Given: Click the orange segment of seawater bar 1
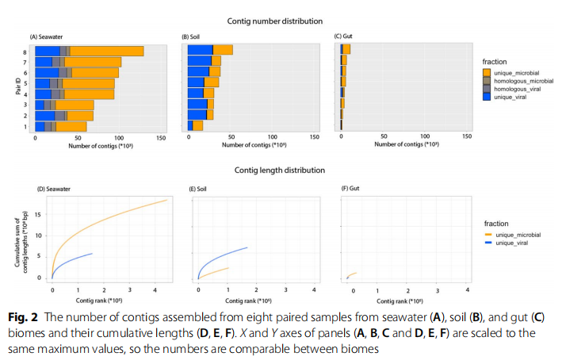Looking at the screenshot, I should tap(71, 126).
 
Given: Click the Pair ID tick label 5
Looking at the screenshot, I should tap(27, 83).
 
